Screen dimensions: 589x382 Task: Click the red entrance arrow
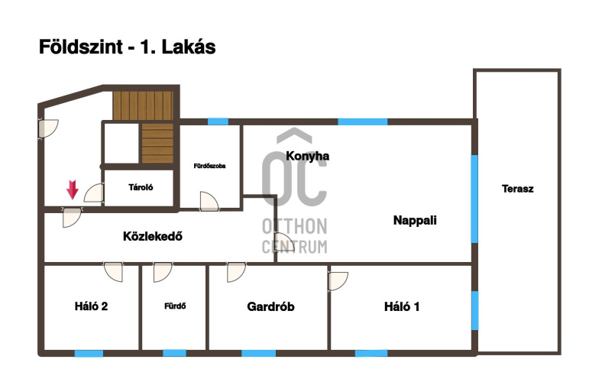point(73,189)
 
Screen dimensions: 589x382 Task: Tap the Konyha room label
point(307,156)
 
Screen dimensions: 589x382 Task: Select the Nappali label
point(415,220)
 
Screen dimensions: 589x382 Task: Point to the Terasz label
point(517,189)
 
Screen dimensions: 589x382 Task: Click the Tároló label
point(141,187)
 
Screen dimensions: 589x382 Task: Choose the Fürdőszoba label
point(209,166)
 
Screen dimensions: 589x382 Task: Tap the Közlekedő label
point(153,236)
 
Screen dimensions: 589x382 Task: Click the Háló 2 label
point(91,306)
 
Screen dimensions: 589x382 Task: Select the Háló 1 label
point(402,306)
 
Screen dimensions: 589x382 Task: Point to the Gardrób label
point(270,306)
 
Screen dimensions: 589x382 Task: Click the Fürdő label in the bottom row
point(175,306)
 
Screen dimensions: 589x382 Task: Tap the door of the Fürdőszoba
point(209,202)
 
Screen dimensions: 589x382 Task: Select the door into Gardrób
point(236,272)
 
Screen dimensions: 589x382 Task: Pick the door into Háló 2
point(113,272)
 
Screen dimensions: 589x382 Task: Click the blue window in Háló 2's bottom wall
point(89,353)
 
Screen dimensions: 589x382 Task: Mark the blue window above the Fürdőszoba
point(218,121)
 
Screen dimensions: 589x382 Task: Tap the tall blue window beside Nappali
point(474,199)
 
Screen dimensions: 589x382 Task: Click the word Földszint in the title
point(81,47)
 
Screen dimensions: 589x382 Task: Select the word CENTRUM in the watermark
point(295,247)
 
